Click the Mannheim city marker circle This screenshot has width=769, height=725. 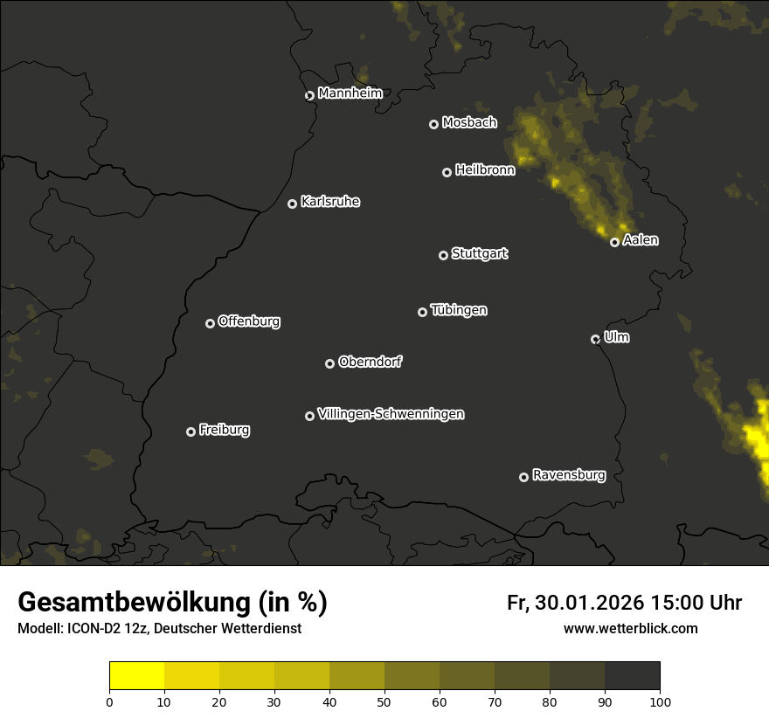[309, 96]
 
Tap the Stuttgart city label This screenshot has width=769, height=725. [479, 254]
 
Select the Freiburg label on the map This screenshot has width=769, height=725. [224, 430]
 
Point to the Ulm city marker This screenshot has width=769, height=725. [595, 339]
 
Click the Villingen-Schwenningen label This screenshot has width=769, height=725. [391, 414]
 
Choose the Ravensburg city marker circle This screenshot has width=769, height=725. [523, 477]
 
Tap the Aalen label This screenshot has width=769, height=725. [640, 240]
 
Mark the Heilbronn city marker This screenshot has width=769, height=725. [447, 172]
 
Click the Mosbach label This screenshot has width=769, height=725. [468, 123]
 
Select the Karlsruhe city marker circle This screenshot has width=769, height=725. [292, 204]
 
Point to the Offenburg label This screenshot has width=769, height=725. [248, 321]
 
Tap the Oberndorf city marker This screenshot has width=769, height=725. [329, 363]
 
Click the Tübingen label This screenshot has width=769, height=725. [458, 310]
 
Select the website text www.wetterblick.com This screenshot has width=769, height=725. [630, 629]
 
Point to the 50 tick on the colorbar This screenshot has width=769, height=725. [384, 701]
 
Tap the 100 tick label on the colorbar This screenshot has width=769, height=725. [660, 701]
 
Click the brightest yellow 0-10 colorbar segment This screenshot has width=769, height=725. [137, 676]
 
